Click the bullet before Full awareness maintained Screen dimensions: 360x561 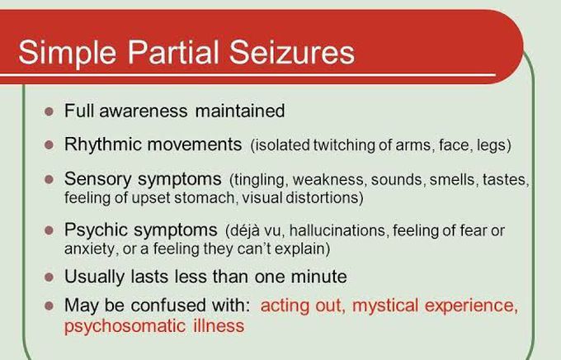[x=48, y=111]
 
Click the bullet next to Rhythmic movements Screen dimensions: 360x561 [x=48, y=144]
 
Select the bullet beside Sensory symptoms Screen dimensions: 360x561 [x=48, y=179]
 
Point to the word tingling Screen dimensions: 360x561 [x=259, y=180]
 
